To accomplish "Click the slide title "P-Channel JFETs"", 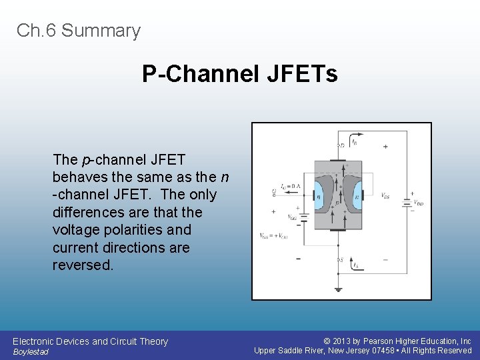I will (x=239, y=74).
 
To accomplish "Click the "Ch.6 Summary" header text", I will (x=79, y=31).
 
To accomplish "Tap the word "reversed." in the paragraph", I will (x=83, y=265).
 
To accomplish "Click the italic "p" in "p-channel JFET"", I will (x=85, y=160).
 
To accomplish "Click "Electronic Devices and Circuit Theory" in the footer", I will (x=90, y=341).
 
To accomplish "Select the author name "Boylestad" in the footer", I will (x=31, y=352).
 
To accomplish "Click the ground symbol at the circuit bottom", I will (x=339, y=289).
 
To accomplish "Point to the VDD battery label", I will (x=417, y=203).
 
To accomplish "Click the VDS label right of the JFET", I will (x=385, y=196).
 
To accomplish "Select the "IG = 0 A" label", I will (x=291, y=186).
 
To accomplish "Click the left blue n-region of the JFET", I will (x=319, y=197).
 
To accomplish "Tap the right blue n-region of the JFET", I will (x=357, y=197).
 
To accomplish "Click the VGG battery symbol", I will (x=302, y=217).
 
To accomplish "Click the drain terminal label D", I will (x=343, y=145).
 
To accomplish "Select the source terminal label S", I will (x=343, y=259).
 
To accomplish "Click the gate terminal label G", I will (x=274, y=194).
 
